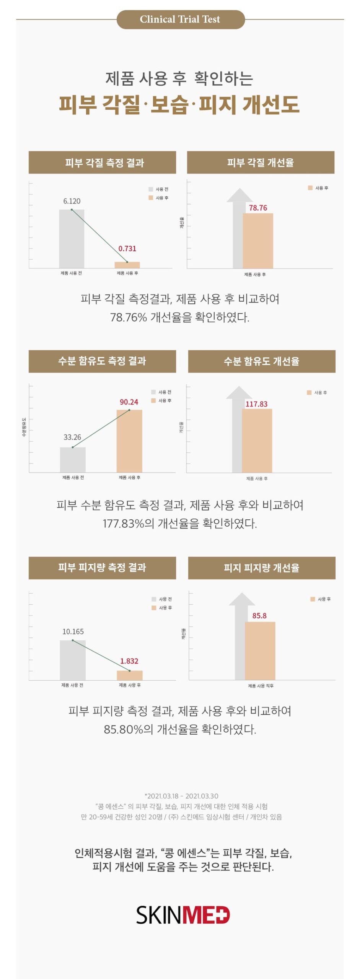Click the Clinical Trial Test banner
(180, 20)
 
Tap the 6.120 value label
(72, 201)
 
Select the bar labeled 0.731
(127, 265)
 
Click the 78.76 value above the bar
(258, 208)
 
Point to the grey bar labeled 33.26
(73, 460)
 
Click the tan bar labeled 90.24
(129, 441)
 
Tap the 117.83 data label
(256, 404)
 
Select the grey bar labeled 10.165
(73, 660)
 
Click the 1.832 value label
(129, 661)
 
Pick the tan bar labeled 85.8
(260, 650)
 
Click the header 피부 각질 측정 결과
(103, 163)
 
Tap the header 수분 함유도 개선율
(262, 361)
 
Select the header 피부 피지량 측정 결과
(103, 568)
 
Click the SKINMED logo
(183, 915)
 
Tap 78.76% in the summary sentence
(129, 317)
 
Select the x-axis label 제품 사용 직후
(261, 686)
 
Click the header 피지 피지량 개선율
(262, 568)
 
